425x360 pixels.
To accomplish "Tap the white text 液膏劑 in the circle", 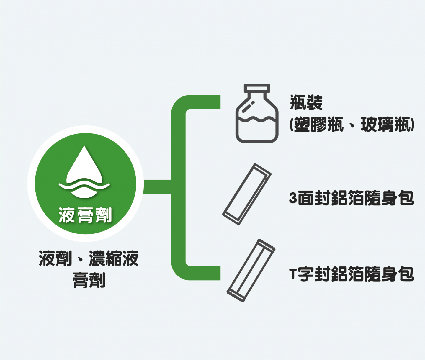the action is point(85,215).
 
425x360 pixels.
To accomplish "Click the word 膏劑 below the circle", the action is point(89,280).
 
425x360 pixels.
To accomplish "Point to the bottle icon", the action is point(257,113).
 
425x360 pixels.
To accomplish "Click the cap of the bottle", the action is point(257,88).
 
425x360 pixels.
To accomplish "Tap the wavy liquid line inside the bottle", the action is point(257,119).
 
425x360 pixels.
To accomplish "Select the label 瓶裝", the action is point(306,103).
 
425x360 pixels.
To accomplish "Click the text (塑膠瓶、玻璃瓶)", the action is point(352,125).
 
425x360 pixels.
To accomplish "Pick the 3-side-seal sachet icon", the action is point(247,194).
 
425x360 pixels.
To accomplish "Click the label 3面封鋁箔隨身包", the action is point(352,198).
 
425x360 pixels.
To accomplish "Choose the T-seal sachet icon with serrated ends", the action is point(251,271).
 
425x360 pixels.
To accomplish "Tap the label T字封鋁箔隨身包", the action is point(352,274).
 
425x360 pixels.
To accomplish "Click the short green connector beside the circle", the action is point(157,187).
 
